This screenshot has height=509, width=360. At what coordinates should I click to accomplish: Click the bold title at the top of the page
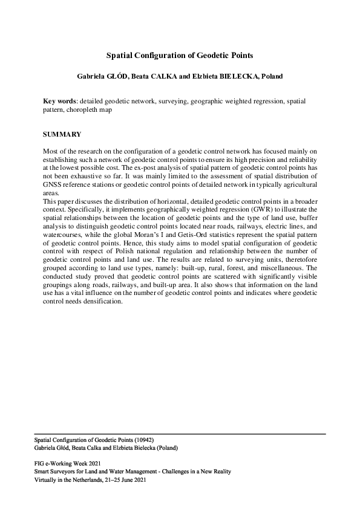click(x=179, y=55)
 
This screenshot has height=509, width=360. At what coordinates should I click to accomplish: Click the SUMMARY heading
click(x=62, y=134)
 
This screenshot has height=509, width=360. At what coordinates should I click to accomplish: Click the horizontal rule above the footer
click(x=180, y=434)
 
